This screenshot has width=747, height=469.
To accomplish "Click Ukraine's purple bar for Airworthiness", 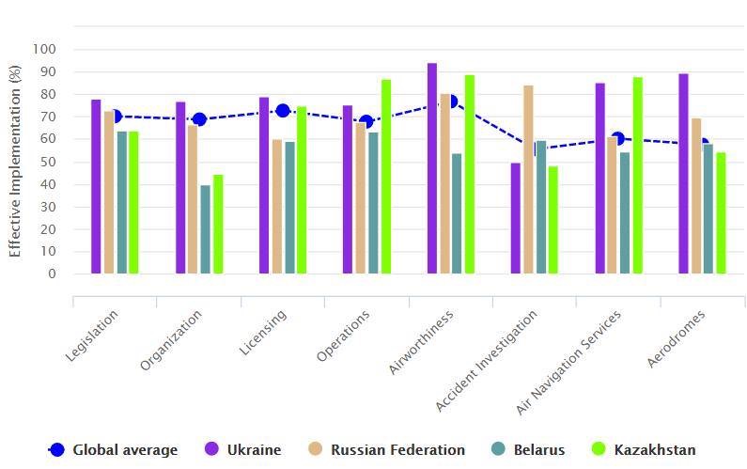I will coord(432,169).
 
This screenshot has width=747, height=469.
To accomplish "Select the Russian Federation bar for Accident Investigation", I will coord(528,180).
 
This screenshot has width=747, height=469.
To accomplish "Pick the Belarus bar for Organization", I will coord(205,229).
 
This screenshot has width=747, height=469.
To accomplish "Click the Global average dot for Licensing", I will coord(283,110).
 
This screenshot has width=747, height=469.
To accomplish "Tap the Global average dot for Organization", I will coord(199,119).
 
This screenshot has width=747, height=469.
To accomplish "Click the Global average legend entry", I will coord(113,449).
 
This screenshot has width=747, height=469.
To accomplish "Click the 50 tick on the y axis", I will coord(48,162).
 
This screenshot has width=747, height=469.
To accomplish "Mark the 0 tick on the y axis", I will coord(52,274).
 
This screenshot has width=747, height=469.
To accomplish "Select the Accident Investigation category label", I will coord(486,361).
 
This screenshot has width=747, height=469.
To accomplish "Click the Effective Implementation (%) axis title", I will coord(15,162).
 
